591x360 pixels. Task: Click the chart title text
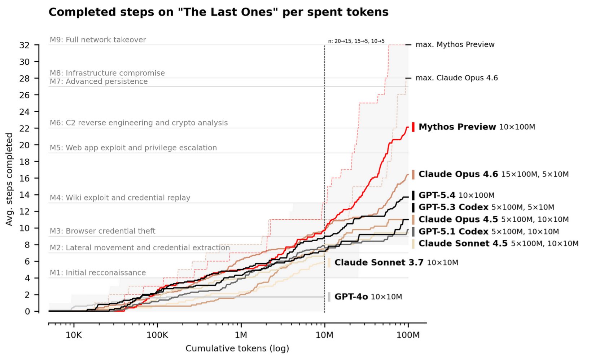click(218, 12)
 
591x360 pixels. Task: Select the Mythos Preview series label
click(457, 127)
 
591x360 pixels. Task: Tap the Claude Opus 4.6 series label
click(458, 174)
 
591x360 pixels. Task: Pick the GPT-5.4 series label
click(437, 196)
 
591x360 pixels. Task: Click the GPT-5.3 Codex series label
click(453, 207)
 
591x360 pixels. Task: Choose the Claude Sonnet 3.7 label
click(378, 263)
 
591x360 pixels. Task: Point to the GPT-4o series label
click(351, 297)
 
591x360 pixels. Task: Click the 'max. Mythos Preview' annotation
click(455, 45)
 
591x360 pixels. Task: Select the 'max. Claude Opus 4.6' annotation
click(456, 78)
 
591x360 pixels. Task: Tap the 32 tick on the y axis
click(24, 45)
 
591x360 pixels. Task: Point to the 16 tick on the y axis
click(24, 178)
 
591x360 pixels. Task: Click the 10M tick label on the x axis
click(324, 335)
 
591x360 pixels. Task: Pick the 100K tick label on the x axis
click(157, 335)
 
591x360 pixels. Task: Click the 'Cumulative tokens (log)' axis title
click(237, 348)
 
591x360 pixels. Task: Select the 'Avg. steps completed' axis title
click(9, 179)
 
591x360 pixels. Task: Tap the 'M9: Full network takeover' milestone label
click(98, 40)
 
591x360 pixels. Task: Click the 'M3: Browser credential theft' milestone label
click(102, 231)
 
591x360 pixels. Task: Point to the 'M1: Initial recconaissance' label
click(98, 273)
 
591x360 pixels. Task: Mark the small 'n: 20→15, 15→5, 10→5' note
click(356, 41)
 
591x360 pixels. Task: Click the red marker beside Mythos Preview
click(413, 127)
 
